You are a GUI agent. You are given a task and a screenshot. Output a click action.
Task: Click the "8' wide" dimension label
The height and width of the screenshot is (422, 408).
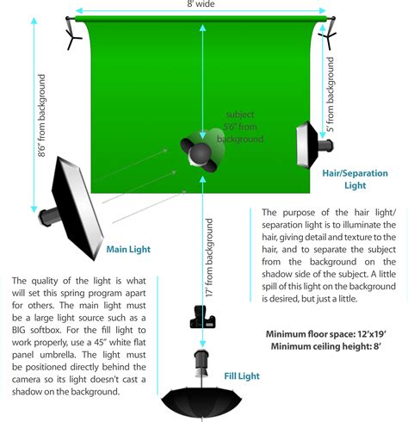point(202,5)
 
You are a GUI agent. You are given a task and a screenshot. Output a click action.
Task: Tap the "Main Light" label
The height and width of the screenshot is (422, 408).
point(128,250)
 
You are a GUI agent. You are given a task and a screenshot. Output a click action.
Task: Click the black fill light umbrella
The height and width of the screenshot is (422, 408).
point(202,398)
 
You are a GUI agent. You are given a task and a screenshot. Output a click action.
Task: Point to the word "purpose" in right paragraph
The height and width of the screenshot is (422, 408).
point(303,212)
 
